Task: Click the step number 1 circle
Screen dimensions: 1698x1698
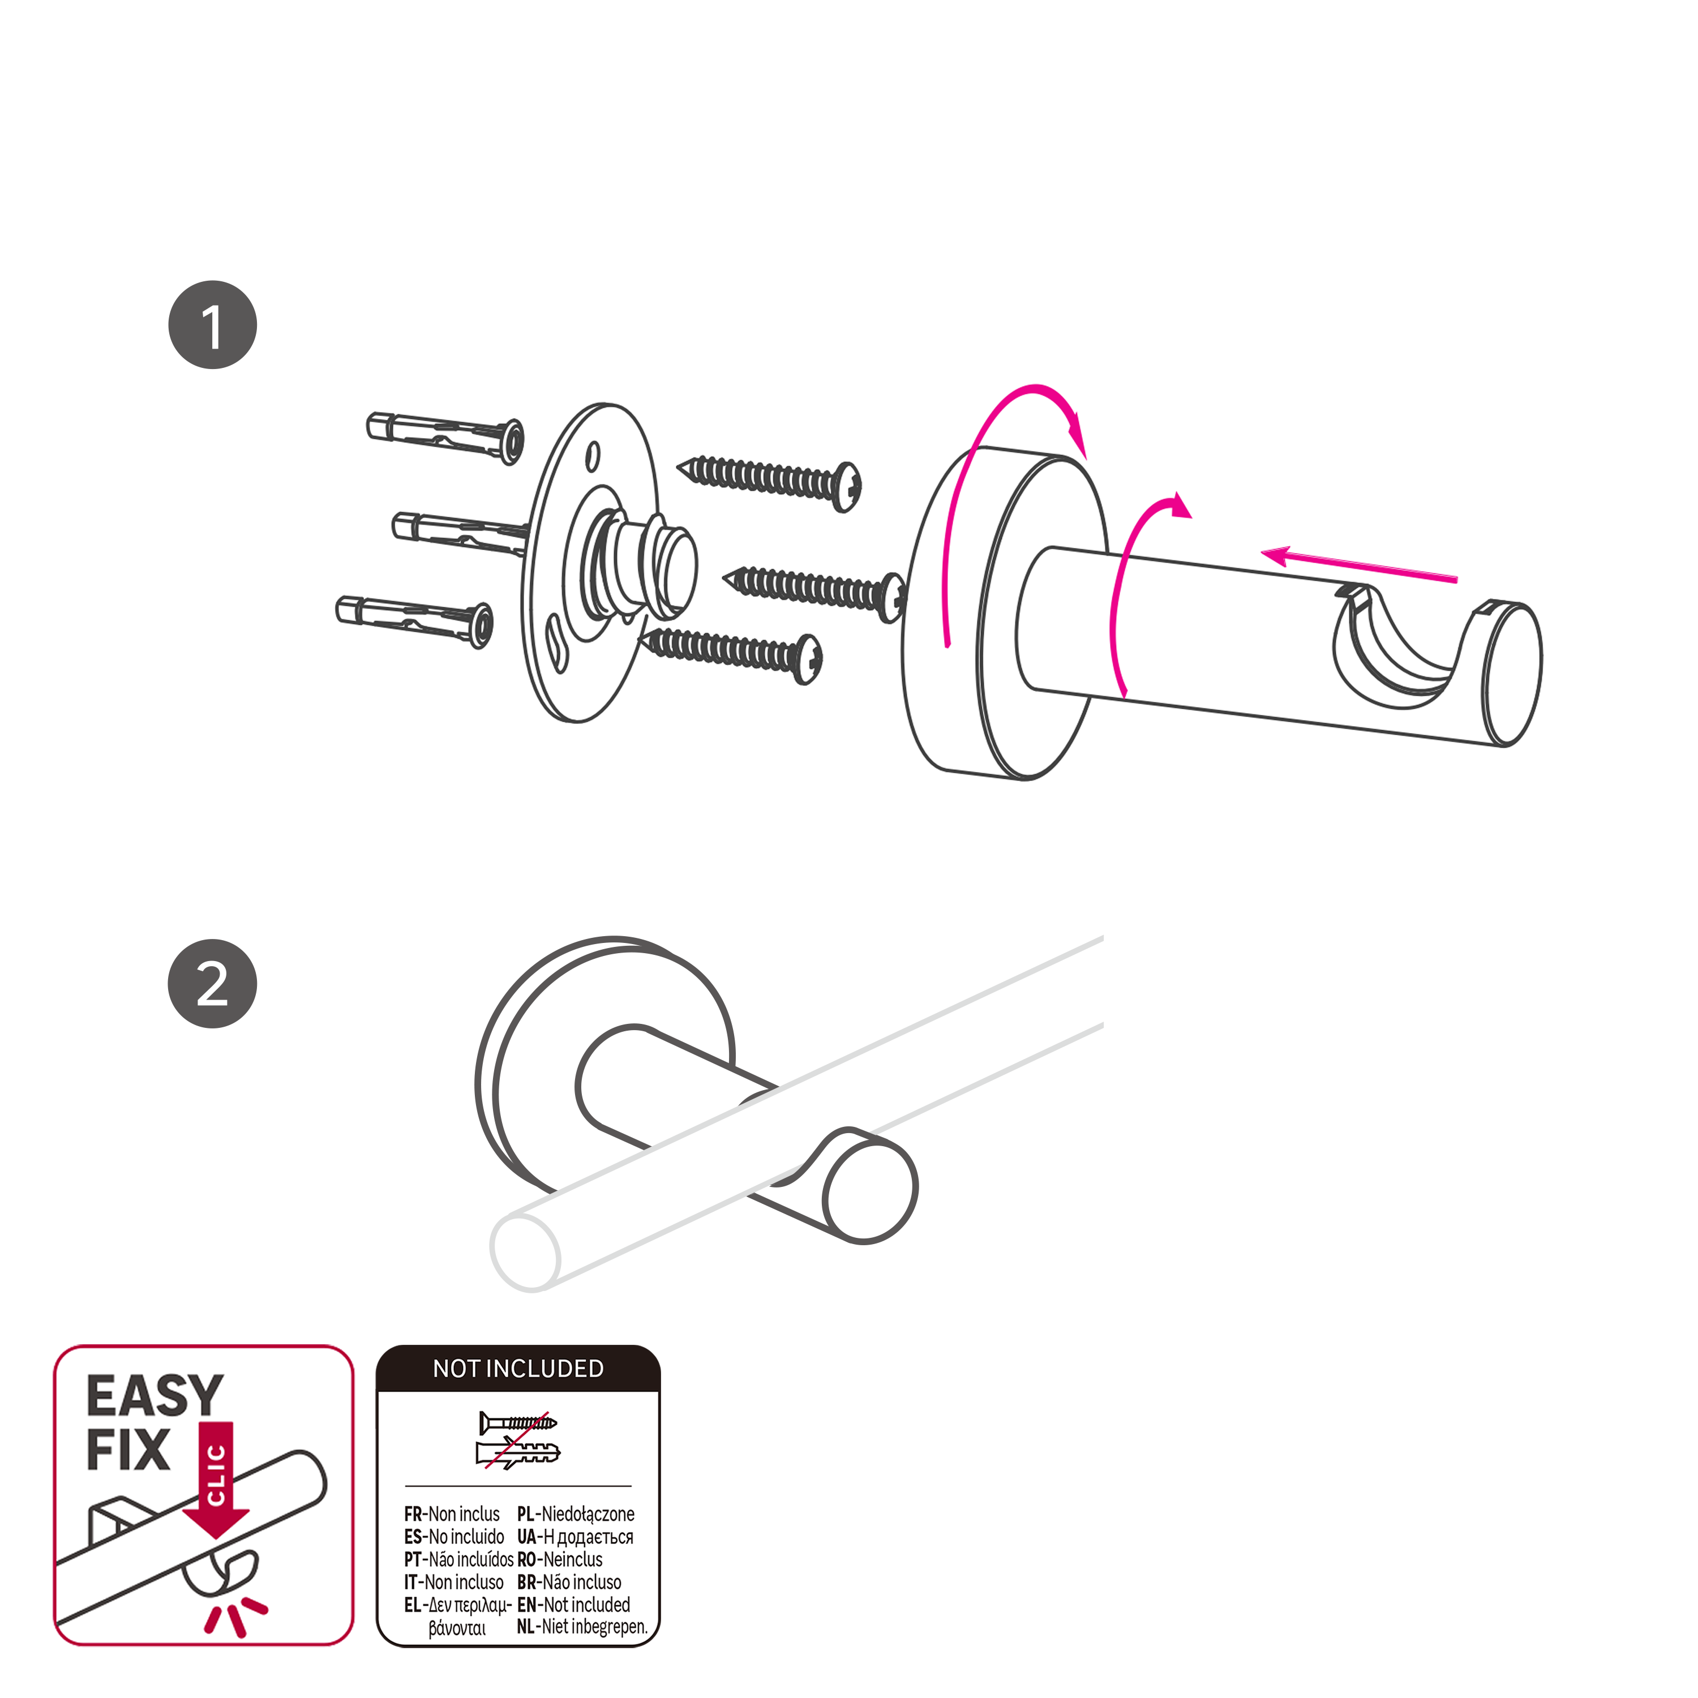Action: coord(213,325)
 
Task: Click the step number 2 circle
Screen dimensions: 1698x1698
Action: coord(213,984)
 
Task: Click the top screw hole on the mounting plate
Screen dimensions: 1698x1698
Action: coord(593,456)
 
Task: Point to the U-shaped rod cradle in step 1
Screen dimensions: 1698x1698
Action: coord(1397,646)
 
